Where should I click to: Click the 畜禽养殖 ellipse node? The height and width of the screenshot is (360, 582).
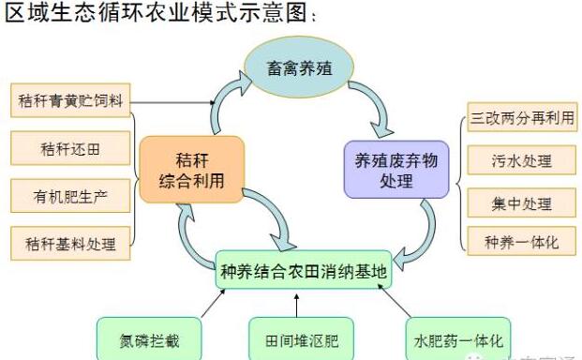coord(299,68)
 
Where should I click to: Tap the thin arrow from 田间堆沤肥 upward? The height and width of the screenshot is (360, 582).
coord(296,305)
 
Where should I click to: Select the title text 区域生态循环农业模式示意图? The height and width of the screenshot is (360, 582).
coord(155,16)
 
